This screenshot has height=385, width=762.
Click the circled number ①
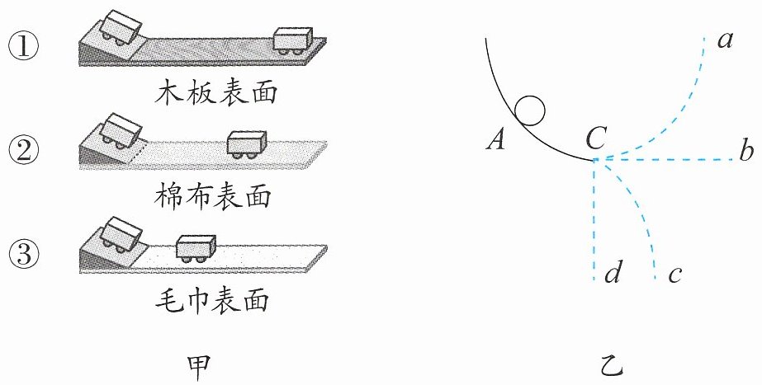point(24,47)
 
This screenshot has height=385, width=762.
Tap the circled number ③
point(24,254)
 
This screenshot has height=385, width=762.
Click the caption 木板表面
point(215,92)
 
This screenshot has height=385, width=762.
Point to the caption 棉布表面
point(213,197)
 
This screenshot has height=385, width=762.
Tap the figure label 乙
point(611,369)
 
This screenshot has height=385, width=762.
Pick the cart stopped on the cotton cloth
point(248,144)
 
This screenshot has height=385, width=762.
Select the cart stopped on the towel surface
point(196,249)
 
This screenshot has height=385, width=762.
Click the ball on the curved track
point(530,110)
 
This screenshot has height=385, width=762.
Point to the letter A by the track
point(496,141)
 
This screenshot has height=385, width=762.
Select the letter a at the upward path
point(725,40)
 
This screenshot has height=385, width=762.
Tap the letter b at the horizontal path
point(746,151)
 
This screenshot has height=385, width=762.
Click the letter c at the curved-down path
point(674,275)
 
